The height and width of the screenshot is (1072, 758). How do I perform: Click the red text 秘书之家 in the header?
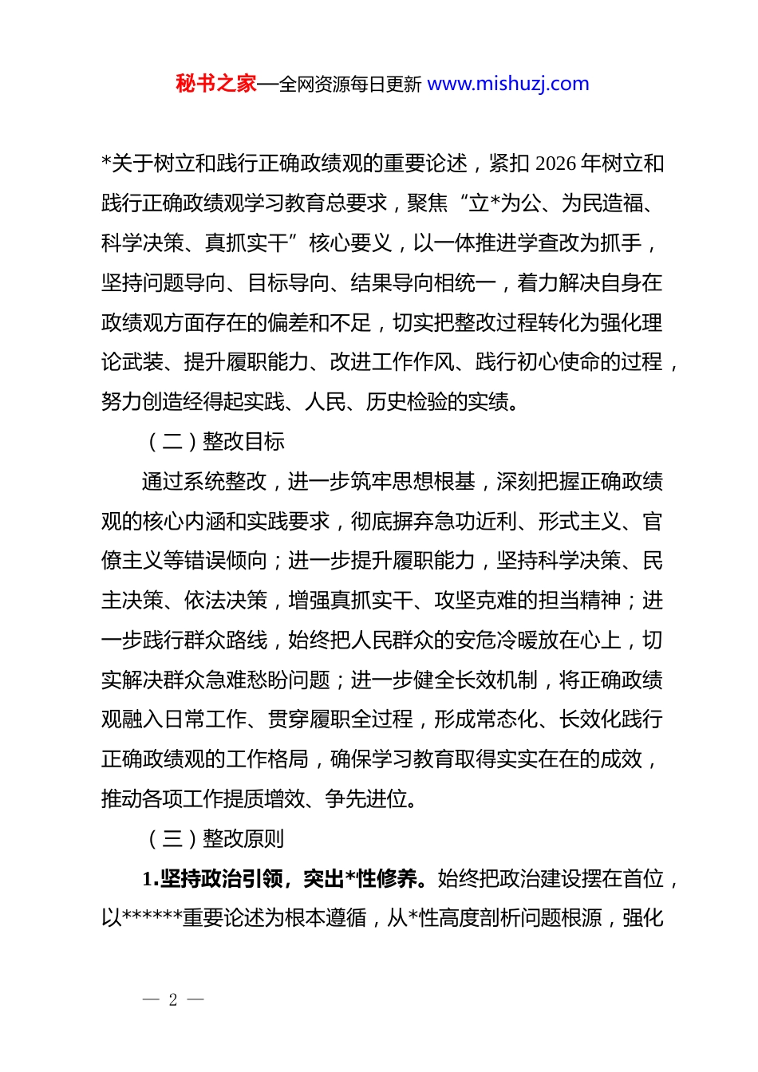(215, 84)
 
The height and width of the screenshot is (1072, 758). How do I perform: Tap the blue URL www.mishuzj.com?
(508, 84)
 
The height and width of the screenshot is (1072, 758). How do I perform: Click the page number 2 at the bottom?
(173, 999)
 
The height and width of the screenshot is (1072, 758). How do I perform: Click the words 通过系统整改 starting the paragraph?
(204, 481)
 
